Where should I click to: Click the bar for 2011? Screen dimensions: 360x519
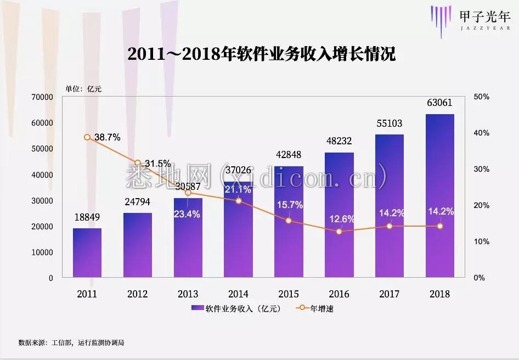pos(87,253)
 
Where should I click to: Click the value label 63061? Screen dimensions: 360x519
pos(440,103)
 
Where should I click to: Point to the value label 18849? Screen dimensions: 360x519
pos(87,217)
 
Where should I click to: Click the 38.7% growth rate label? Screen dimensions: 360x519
pos(107,137)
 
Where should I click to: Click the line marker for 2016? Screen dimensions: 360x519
pos(339,232)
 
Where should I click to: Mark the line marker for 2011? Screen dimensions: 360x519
pos(87,137)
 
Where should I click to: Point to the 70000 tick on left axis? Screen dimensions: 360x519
pos(42,97)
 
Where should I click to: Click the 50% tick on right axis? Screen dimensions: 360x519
pos(481,97)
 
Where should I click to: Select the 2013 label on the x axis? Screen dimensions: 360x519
pos(188,294)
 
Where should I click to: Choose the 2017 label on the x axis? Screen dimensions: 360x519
pos(390,294)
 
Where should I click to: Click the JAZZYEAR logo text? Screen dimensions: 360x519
pos(485,25)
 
